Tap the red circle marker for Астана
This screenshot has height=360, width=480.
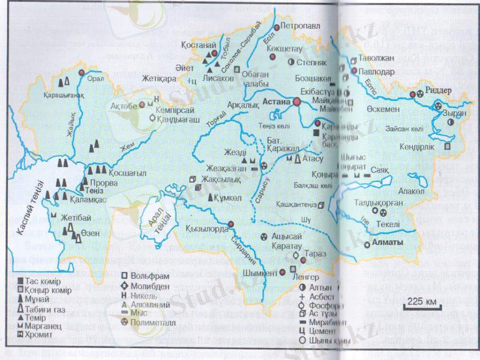[x=296, y=103]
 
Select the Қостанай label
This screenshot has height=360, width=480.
[x=193, y=45]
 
